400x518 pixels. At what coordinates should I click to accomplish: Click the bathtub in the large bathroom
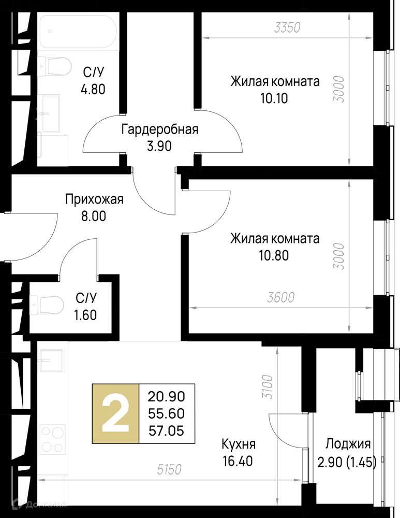click(x=78, y=32)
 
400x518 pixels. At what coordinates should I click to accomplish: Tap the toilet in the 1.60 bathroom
click(x=47, y=305)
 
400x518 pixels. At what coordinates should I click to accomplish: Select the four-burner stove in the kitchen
click(x=52, y=439)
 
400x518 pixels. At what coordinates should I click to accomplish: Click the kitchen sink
click(x=51, y=361)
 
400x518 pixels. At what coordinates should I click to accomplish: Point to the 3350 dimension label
click(x=288, y=28)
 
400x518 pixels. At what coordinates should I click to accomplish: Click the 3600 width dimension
click(x=280, y=298)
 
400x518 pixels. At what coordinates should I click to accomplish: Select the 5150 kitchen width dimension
click(x=169, y=469)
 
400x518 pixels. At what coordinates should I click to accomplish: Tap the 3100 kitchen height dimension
click(x=268, y=387)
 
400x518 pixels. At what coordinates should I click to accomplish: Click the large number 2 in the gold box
click(x=115, y=413)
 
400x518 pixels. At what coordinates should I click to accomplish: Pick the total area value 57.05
click(x=166, y=431)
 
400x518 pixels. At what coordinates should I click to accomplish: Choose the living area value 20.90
click(x=166, y=396)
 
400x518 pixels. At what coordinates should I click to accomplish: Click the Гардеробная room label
click(x=160, y=129)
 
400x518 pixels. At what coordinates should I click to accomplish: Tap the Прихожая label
click(x=94, y=199)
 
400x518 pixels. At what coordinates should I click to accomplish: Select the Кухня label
click(x=239, y=444)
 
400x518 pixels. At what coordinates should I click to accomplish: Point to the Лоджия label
click(x=348, y=444)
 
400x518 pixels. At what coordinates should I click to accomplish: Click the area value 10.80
click(x=274, y=255)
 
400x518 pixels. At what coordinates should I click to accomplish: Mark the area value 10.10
click(x=274, y=98)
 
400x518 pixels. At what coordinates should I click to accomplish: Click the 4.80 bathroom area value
click(x=93, y=89)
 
